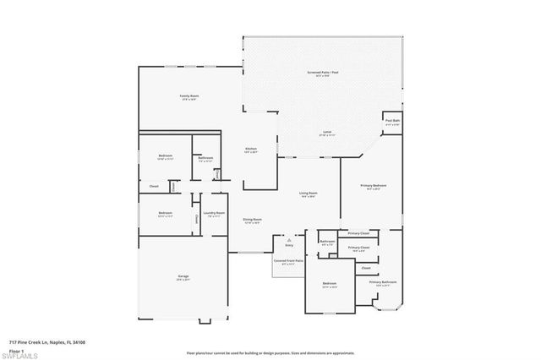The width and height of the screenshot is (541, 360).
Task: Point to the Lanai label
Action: [326, 133]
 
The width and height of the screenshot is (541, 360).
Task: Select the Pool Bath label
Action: [392, 121]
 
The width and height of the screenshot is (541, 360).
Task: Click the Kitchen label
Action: [250, 149]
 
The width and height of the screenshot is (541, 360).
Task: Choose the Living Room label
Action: [308, 194]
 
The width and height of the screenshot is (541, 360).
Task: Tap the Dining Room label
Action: [252, 220]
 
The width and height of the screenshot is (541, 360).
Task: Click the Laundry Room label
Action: [214, 213]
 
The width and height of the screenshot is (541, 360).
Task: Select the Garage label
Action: [183, 276]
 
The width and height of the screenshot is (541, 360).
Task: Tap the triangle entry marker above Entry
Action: [289, 240]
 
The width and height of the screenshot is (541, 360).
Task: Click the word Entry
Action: [289, 246]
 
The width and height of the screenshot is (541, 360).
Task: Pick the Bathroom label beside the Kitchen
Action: [205, 157]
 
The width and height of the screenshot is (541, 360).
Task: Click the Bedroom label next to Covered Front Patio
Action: [330, 283]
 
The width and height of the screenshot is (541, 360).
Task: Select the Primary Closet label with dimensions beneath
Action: [358, 248]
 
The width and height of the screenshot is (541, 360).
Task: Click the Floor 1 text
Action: [16, 350]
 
